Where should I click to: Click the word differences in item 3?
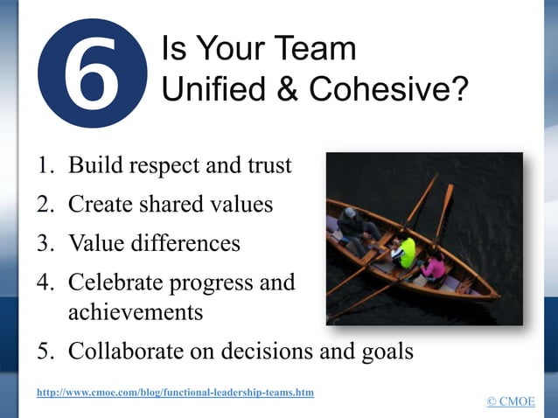186,243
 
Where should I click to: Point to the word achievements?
136,311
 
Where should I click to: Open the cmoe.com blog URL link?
175,393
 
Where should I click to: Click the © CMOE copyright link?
511,401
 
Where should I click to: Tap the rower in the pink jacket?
433,265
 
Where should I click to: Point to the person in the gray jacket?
352,225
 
